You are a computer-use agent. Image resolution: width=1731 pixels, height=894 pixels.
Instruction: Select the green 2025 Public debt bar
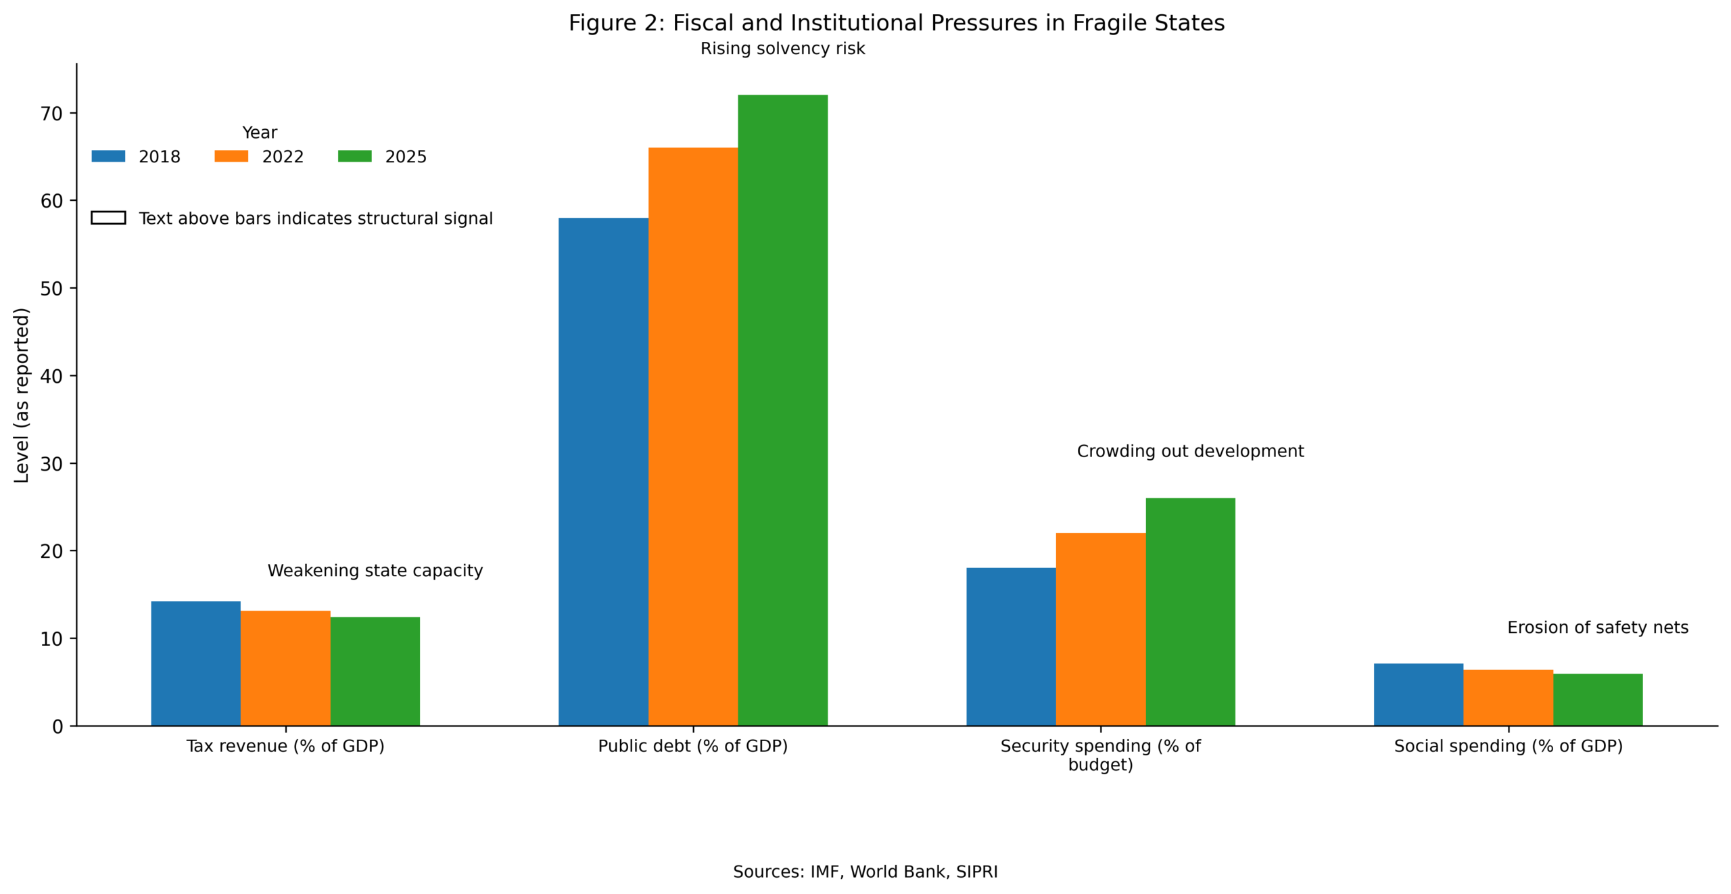pos(782,410)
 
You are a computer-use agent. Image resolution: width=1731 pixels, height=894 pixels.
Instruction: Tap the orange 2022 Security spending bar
pos(1100,629)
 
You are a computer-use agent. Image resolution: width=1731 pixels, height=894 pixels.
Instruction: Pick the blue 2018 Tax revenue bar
pos(195,663)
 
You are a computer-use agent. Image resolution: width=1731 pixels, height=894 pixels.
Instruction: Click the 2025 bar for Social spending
pos(1597,699)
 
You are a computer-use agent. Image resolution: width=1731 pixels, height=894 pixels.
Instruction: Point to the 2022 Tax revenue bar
pos(285,667)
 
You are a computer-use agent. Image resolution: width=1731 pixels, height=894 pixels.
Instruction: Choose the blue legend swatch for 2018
pos(108,156)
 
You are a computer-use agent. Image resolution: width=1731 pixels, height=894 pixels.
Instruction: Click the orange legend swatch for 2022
pos(231,156)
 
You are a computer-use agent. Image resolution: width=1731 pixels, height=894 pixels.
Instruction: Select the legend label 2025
pos(406,157)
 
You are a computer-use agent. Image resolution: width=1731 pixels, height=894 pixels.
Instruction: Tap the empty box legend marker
pos(108,218)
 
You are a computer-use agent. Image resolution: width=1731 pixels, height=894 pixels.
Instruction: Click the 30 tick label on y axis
pos(51,464)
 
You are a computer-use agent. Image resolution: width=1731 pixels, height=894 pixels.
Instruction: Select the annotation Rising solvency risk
pos(782,49)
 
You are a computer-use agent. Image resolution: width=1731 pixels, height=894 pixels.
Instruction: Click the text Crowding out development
pos(1190,451)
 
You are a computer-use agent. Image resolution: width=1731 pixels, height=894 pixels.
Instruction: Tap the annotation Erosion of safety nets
pos(1597,628)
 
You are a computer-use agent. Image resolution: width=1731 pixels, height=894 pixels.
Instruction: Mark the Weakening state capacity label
pos(375,571)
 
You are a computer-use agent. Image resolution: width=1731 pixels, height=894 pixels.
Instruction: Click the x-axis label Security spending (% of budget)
pos(1100,755)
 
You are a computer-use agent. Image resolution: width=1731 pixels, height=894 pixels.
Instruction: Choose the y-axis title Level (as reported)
pos(22,395)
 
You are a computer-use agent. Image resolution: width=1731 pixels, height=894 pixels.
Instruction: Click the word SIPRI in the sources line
pos(976,872)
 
